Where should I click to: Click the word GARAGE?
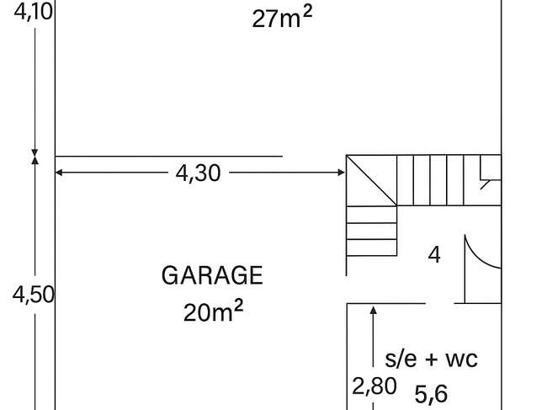coord(212,275)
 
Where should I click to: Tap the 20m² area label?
coord(213,311)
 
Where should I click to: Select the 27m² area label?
coord(282,18)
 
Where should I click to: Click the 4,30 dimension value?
coord(198,173)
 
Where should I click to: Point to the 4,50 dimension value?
coord(34,295)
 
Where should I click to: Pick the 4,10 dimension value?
coord(34,12)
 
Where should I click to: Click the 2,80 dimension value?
coord(374,386)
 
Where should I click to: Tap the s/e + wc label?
coord(431,359)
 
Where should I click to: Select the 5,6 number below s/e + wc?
coord(431,394)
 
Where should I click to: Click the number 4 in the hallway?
coord(434,255)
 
